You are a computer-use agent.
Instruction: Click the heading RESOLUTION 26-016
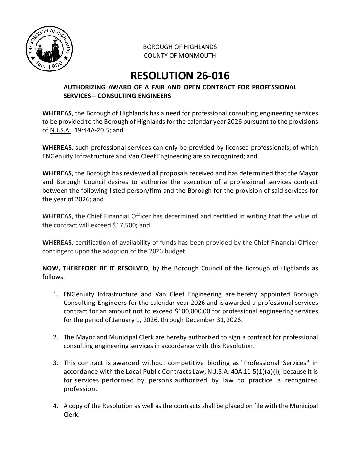click(180, 76)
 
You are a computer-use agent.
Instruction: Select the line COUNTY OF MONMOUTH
click(180, 55)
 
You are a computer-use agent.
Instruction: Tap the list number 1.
click(56, 294)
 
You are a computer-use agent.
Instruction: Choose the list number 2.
click(56, 337)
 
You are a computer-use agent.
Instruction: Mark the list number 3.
click(56, 363)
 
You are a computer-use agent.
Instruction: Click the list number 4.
click(56, 406)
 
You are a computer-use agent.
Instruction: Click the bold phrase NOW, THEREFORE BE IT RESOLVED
click(95, 268)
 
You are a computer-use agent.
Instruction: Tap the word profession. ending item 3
click(80, 389)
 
